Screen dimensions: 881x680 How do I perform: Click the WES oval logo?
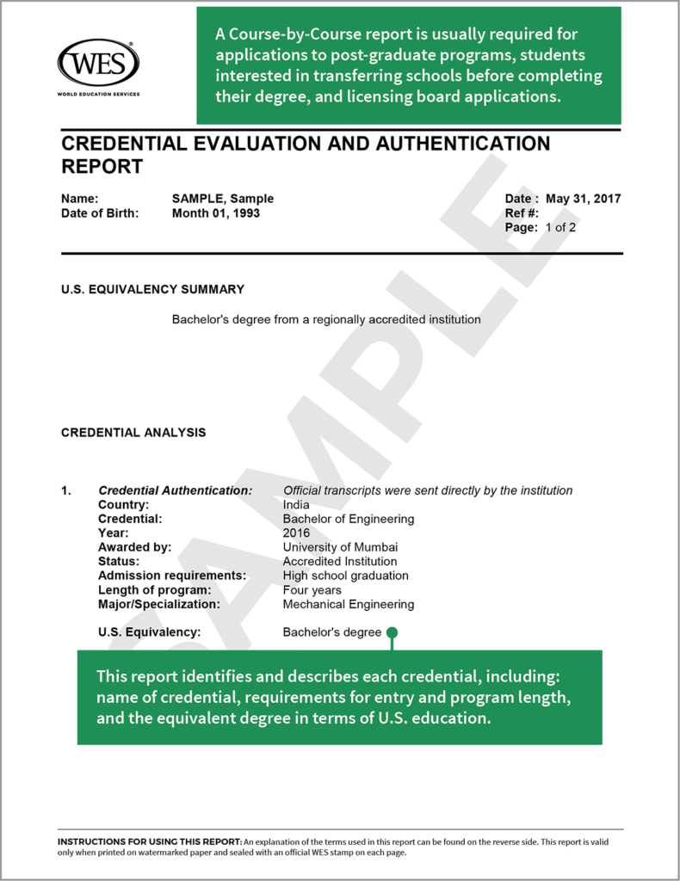tap(98, 63)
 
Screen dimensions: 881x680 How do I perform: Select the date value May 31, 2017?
tap(583, 199)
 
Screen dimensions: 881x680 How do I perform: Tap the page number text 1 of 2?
tap(560, 228)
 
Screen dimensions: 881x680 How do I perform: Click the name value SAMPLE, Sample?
tap(222, 199)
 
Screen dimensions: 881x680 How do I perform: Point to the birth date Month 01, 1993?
tap(215, 213)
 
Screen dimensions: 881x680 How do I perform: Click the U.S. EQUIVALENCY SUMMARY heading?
tap(152, 290)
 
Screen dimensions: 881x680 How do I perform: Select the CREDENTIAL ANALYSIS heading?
tap(133, 433)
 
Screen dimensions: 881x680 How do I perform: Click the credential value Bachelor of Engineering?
tap(348, 519)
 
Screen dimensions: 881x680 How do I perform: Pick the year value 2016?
tap(296, 533)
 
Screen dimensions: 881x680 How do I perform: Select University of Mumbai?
tap(340, 547)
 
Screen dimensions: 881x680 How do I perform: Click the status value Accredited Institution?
tap(340, 562)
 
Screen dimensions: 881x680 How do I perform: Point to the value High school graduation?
tap(345, 576)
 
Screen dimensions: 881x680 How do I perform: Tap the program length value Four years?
tap(312, 590)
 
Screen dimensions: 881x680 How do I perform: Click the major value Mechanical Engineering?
tap(348, 604)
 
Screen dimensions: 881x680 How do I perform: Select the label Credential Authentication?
tap(175, 490)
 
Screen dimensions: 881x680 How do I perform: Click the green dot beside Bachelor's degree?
tap(392, 633)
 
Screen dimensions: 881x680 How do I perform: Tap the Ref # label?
tap(522, 213)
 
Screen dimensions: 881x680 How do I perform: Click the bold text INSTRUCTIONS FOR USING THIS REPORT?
tap(150, 841)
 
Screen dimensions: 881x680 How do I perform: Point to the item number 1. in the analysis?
tap(66, 490)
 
